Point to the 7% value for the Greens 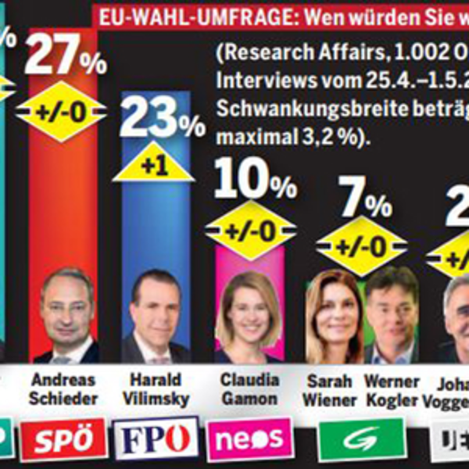pyautogui.click(x=360, y=204)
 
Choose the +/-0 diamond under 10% pyautogui.click(x=251, y=230)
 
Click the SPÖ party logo pyautogui.click(x=63, y=439)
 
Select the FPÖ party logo pyautogui.click(x=155, y=439)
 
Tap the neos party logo pyautogui.click(x=249, y=439)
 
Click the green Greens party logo pyautogui.click(x=362, y=439)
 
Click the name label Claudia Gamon pyautogui.click(x=249, y=388)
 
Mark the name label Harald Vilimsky pyautogui.click(x=156, y=388)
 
